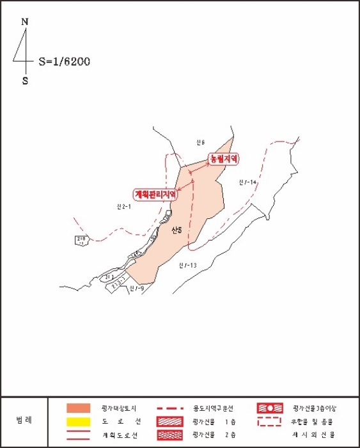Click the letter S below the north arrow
pos(25,81)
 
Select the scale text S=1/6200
pos(64,62)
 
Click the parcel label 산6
pos(200,141)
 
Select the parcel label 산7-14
pos(247,183)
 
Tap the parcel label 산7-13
pos(187,265)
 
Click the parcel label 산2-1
pos(123,206)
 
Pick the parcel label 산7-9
pos(137,289)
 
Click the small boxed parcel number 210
pos(81,240)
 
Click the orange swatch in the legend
pos(77,408)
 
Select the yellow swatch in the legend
pos(77,422)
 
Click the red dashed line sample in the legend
pos(169,408)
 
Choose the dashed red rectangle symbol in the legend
pos(269,422)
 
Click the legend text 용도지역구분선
pos(215,408)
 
